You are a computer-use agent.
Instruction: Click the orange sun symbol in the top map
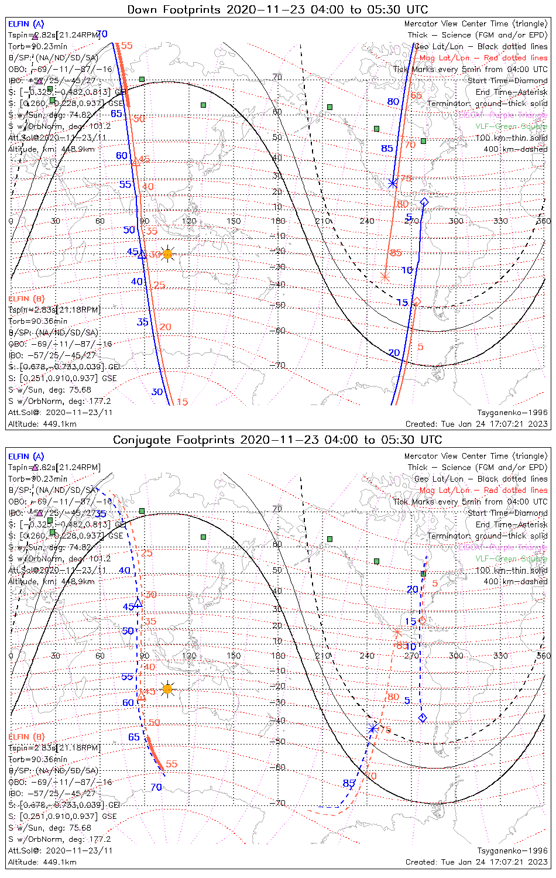[x=168, y=253]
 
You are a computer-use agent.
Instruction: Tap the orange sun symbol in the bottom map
[x=168, y=689]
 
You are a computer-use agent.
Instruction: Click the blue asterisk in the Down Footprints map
[x=393, y=183]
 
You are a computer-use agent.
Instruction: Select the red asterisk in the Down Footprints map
[x=385, y=277]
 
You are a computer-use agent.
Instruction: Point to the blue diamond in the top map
[x=424, y=203]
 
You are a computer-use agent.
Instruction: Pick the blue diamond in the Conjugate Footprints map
[x=423, y=718]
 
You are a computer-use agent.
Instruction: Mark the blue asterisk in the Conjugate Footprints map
[x=373, y=729]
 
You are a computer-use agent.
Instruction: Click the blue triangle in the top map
[x=141, y=254]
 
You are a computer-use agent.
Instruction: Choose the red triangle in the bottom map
[x=142, y=697]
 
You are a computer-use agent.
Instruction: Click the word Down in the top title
[x=142, y=10]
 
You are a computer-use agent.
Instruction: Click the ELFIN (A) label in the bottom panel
[x=26, y=456]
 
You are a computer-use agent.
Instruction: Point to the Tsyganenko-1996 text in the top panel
[x=513, y=413]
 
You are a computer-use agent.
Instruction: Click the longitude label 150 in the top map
[x=234, y=221]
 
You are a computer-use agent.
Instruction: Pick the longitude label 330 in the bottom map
[x=500, y=656]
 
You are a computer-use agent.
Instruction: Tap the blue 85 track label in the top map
[x=387, y=149]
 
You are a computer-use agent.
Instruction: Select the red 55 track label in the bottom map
[x=171, y=764]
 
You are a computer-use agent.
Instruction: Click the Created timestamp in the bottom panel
[x=476, y=862]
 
